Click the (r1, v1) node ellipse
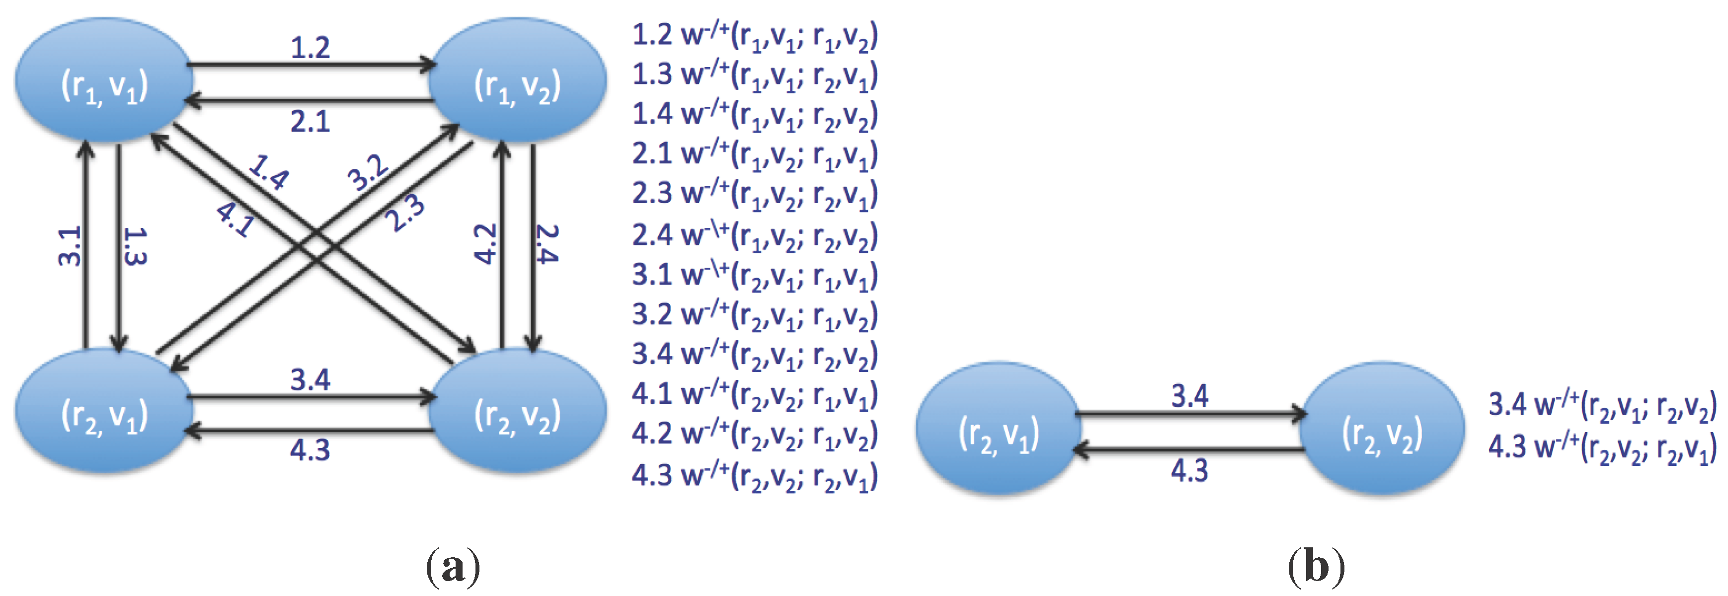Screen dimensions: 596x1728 point(104,80)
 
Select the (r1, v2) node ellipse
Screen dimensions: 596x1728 point(517,80)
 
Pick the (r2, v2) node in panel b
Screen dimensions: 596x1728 point(1382,429)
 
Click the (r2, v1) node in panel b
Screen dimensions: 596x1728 point(998,429)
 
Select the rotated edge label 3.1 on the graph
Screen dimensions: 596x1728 point(69,246)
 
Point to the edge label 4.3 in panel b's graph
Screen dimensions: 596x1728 point(1189,471)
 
